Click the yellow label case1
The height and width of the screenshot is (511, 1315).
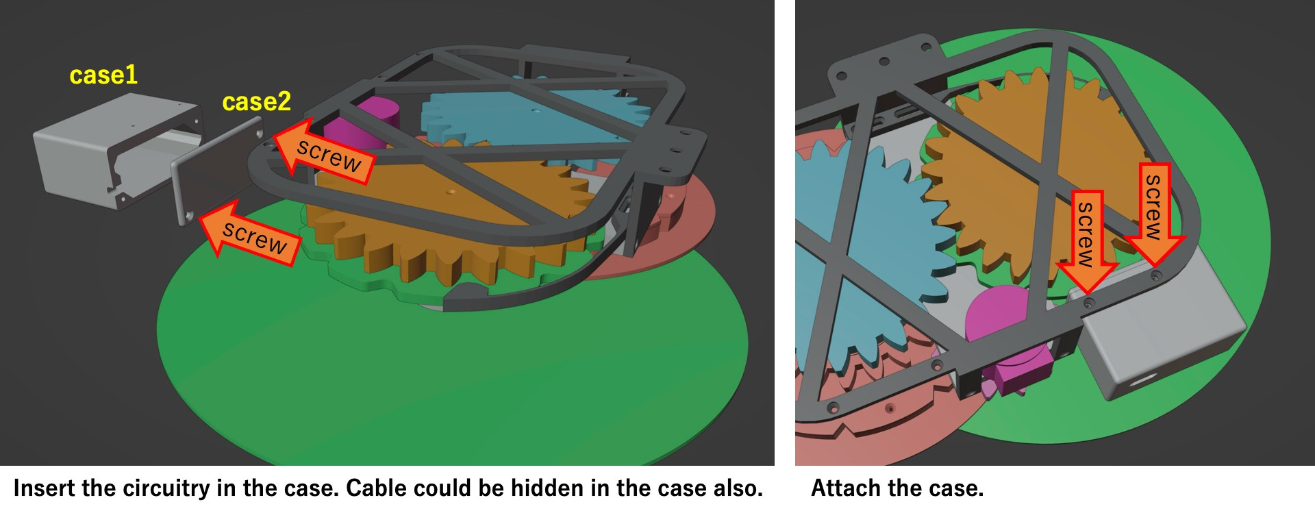(x=103, y=75)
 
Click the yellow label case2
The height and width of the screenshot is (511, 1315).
(x=257, y=102)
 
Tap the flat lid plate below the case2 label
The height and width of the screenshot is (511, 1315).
(x=216, y=171)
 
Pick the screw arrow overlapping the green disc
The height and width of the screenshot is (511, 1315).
(x=251, y=232)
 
